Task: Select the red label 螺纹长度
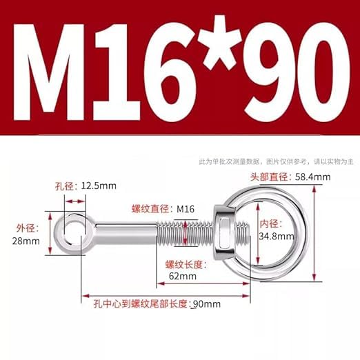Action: [183, 263]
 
